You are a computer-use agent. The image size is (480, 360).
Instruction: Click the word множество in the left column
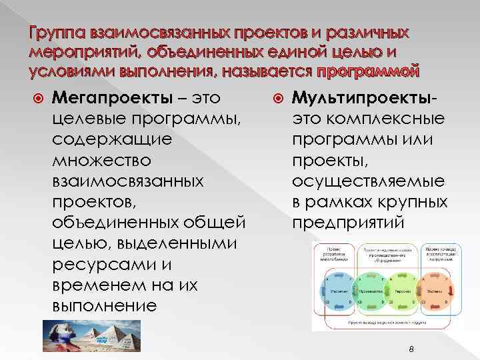point(95,161)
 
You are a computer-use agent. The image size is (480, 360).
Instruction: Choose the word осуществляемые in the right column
point(369,182)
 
